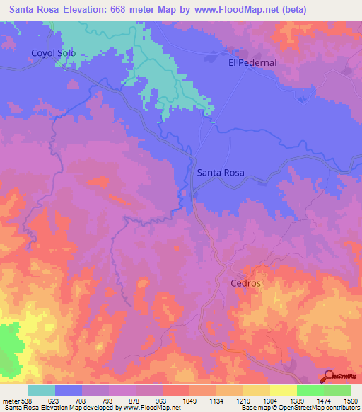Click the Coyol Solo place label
click(x=53, y=53)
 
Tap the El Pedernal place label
click(x=252, y=62)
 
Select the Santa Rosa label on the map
click(x=221, y=172)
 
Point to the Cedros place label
click(x=246, y=283)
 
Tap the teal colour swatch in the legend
click(x=42, y=390)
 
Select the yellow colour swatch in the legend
click(x=283, y=390)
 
